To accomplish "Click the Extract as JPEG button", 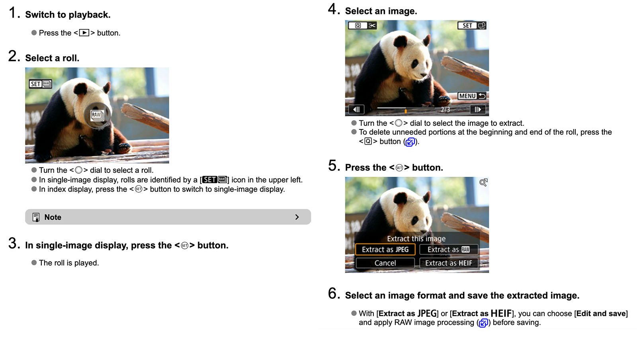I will click(385, 250).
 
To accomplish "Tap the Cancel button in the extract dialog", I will click(385, 263).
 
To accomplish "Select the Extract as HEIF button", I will click(448, 263).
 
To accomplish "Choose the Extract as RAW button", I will click(448, 250).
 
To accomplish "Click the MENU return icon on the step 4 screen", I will click(472, 96).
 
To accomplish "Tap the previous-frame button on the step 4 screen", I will click(356, 110).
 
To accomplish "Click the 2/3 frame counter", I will click(445, 110).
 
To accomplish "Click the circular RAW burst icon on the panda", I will click(97, 115).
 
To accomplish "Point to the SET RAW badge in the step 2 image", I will click(40, 84).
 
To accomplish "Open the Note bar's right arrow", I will click(297, 217).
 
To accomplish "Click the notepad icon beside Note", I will click(36, 217).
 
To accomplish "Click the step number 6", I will click(333, 294).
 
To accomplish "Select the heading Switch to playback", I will click(68, 15).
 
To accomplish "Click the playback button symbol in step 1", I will click(84, 33).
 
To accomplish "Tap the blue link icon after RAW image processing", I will click(483, 323).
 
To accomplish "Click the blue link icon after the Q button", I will click(410, 142).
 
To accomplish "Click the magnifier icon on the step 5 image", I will click(483, 182).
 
